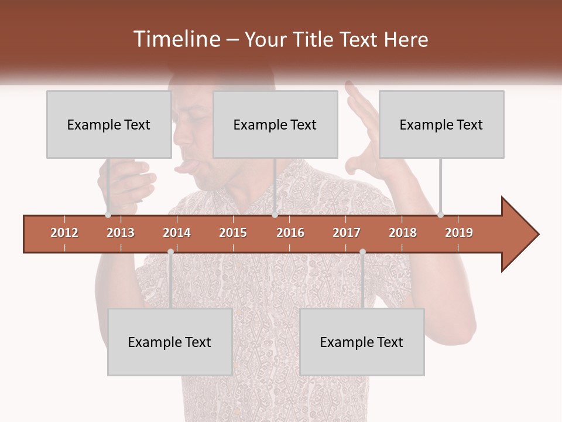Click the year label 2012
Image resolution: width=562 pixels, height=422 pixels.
[64, 233]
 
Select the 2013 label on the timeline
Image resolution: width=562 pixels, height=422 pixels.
[121, 233]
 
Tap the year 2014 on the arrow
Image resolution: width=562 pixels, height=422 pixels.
[177, 233]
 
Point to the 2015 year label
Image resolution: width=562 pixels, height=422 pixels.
[233, 233]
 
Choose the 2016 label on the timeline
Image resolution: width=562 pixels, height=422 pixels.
[290, 233]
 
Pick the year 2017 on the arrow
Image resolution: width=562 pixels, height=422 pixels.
[347, 233]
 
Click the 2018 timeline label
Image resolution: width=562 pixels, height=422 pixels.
[403, 233]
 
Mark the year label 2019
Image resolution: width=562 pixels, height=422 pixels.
[459, 233]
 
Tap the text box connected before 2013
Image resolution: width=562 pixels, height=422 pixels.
[109, 124]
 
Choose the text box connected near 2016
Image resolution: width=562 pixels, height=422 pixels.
[275, 124]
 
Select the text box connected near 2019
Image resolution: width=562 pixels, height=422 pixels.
[441, 124]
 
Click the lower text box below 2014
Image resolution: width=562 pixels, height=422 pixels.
[170, 342]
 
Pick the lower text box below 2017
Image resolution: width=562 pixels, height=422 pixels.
[362, 342]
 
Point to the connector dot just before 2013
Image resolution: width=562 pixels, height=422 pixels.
[108, 215]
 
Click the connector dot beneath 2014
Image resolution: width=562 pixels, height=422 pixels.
[170, 252]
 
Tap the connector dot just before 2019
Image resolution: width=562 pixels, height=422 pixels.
[440, 215]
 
